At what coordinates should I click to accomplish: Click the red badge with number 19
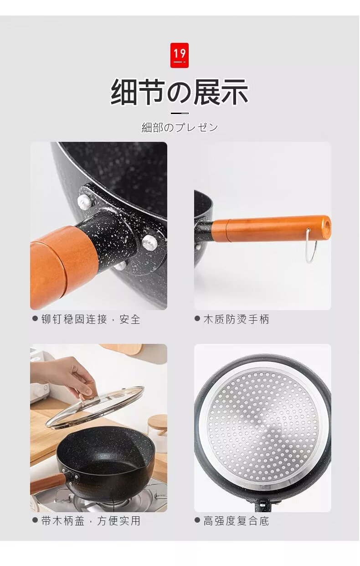(180, 55)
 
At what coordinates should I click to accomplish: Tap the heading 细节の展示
(180, 92)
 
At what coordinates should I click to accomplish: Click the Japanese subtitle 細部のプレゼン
(180, 127)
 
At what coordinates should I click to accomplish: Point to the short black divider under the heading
(180, 113)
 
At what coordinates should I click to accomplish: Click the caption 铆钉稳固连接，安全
(91, 319)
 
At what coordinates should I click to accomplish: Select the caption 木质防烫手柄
(237, 319)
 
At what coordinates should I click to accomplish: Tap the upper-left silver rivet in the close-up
(84, 201)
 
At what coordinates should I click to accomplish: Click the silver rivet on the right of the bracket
(150, 242)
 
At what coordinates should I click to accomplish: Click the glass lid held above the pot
(95, 407)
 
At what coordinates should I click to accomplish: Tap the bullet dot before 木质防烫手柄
(197, 319)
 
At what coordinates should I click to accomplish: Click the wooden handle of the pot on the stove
(48, 484)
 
